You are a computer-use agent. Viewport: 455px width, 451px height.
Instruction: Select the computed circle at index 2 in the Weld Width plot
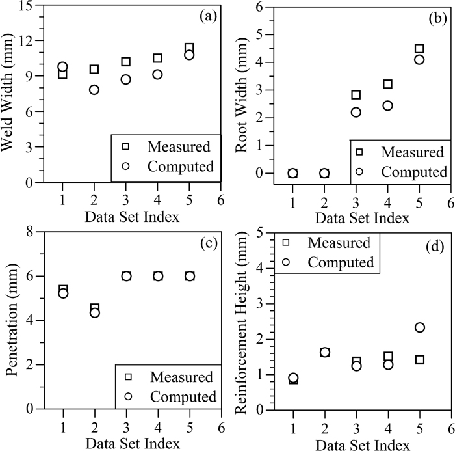tap(94, 90)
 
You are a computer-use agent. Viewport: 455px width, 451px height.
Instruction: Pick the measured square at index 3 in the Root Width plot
tap(356, 95)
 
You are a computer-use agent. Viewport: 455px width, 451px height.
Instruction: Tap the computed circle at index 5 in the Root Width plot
tap(419, 59)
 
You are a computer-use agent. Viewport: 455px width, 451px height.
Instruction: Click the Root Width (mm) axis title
tap(241, 94)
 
